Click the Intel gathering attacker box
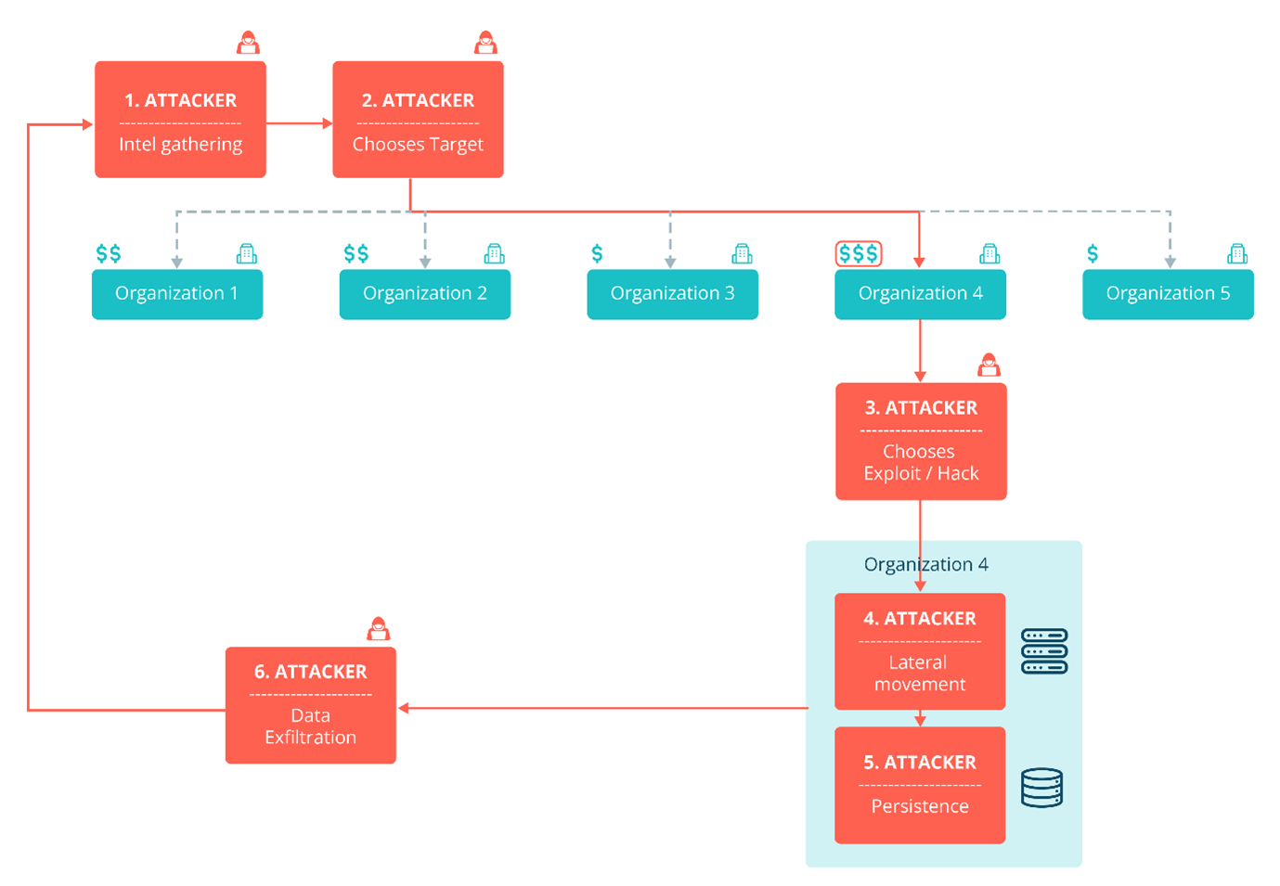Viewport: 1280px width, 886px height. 180,120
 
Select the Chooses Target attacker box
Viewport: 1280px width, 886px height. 418,120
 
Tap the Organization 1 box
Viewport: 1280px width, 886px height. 176,294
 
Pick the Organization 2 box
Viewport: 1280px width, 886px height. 424,294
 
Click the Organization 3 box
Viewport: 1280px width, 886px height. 672,294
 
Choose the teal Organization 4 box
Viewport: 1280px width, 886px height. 920,294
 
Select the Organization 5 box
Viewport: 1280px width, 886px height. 1168,294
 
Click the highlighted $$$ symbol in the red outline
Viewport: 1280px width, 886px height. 858,253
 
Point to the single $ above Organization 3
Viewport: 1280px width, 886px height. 597,253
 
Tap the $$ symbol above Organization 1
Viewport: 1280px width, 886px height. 109,253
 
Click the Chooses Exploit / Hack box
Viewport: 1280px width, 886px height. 921,442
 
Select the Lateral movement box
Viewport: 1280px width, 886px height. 920,651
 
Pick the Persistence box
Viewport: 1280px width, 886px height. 920,785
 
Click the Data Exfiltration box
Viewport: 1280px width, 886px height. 310,705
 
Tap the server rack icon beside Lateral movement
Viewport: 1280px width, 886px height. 1044,651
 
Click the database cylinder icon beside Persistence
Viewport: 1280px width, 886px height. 1041,788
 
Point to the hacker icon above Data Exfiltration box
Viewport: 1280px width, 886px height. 378,629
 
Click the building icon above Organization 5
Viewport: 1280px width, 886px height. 1236,253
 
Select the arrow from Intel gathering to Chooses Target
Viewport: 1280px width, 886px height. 299,123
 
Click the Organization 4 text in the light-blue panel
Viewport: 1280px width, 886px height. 925,564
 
